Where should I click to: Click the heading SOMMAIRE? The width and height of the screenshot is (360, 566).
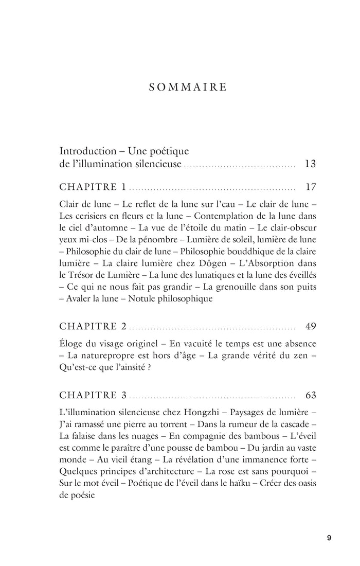coord(188,87)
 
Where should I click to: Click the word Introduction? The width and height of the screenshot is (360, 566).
coord(88,151)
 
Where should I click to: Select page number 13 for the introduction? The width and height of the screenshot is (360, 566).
coord(310,165)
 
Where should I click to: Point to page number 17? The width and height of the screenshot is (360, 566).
coord(310,186)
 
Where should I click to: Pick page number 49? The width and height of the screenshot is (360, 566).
coord(310,326)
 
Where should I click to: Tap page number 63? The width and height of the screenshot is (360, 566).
coord(310,395)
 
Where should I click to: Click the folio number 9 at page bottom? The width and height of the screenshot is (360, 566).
coord(329,538)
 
